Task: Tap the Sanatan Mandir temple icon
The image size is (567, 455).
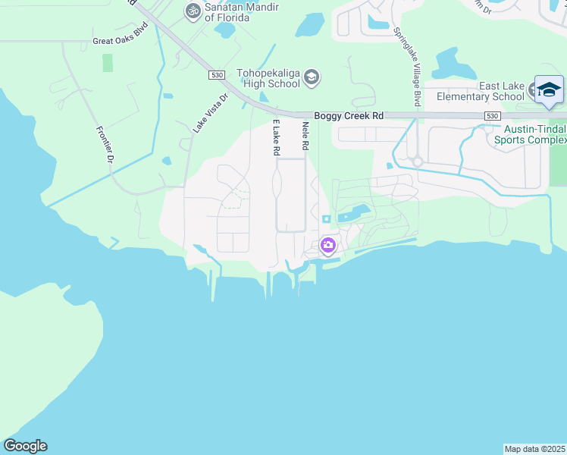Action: coord(193,11)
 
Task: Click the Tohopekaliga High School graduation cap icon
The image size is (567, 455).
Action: coord(312,77)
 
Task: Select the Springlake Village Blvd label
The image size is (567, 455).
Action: coord(415,68)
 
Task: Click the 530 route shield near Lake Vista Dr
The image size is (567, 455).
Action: coord(217,75)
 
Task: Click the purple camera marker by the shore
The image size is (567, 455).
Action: coord(327,244)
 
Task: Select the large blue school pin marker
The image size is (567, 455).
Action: coord(549,89)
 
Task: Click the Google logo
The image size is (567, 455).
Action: coord(25,446)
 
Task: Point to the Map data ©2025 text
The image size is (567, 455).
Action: coord(534,449)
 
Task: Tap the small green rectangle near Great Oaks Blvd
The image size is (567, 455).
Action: coord(108,62)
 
